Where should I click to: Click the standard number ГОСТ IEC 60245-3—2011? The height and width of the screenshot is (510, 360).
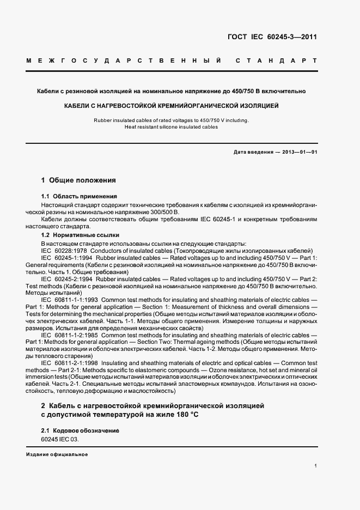tap(272, 38)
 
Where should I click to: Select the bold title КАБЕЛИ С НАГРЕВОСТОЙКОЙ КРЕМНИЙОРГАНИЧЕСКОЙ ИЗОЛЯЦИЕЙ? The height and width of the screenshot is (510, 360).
tap(171, 106)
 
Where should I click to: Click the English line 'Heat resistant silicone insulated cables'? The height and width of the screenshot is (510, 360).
tap(171, 127)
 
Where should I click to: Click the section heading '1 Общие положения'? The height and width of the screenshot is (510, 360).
tap(78, 180)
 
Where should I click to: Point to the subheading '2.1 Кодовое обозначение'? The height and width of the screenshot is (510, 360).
tap(80, 431)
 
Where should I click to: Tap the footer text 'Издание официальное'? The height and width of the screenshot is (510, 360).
tap(57, 454)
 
